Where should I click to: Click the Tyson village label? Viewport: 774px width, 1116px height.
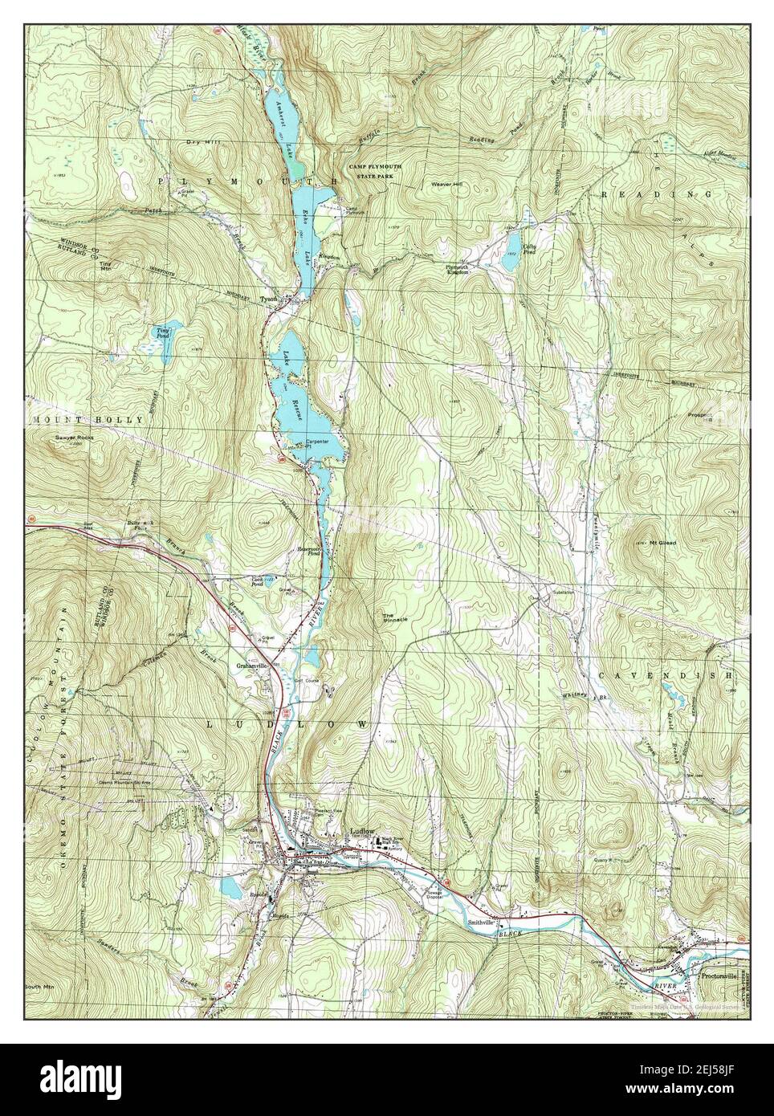click(x=269, y=299)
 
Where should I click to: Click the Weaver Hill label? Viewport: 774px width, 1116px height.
click(x=448, y=184)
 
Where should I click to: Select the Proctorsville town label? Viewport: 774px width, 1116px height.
click(x=719, y=977)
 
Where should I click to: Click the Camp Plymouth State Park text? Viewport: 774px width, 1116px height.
click(x=375, y=170)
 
